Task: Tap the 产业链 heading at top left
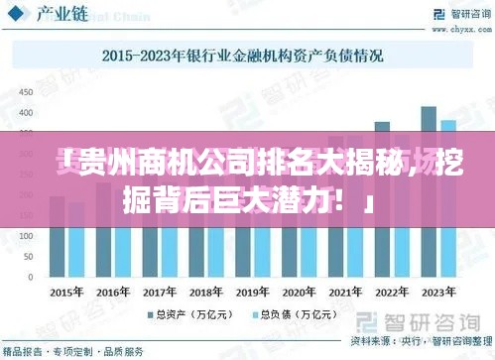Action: (59, 15)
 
